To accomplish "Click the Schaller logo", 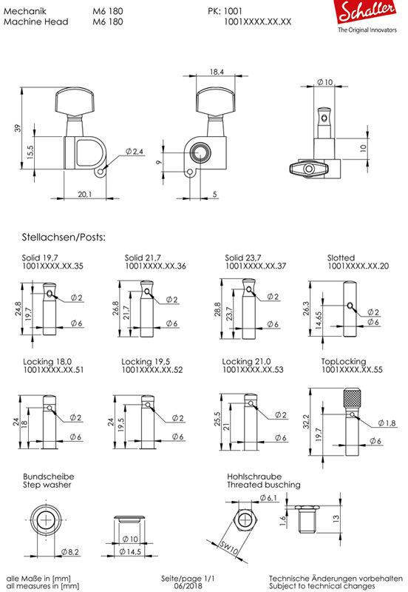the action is pos(366,16).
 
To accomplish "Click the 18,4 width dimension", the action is pos(217,71).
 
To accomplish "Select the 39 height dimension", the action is pos(18,128).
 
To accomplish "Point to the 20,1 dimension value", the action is pos(85,194).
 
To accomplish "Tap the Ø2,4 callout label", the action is pos(135,152).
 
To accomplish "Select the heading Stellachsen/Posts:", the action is pos(64,237).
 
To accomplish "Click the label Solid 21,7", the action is pos(143,258).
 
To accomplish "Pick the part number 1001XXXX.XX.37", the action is pos(256,266).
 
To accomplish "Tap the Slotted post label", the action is pos(341,258).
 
